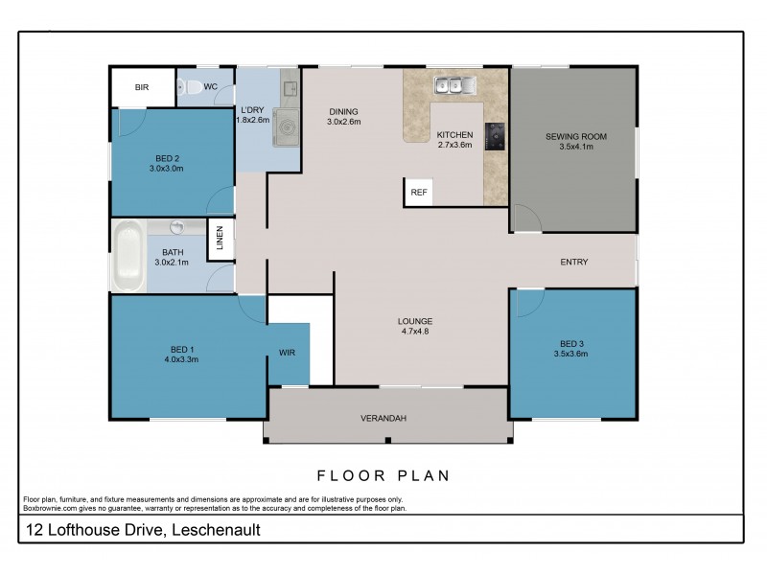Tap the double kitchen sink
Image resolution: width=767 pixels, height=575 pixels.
click(454, 85)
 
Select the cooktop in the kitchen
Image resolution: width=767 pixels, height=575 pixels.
click(495, 136)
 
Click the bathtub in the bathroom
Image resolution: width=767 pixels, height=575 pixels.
click(128, 257)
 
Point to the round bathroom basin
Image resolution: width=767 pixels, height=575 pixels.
click(176, 227)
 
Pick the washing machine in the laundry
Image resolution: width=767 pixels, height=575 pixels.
click(286, 127)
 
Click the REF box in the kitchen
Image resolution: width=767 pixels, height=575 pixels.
click(418, 193)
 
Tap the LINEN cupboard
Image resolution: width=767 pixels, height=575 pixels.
click(221, 239)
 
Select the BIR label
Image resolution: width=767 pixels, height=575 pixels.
click(142, 87)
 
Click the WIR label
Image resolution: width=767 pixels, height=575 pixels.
click(287, 353)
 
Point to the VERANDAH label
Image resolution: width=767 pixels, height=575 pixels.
click(383, 419)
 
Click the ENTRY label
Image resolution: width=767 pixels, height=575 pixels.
click(573, 262)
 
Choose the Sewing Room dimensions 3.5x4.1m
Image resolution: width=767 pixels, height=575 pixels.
click(576, 147)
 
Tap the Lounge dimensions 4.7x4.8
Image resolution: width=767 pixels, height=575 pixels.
click(415, 332)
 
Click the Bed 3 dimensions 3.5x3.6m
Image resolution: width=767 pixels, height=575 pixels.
click(570, 354)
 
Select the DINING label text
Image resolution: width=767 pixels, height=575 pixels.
click(343, 111)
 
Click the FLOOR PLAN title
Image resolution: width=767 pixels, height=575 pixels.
click(383, 475)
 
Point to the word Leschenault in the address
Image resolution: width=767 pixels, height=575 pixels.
click(217, 530)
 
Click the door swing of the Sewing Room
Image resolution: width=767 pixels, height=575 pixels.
click(526, 218)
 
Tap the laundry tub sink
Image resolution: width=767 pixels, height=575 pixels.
click(291, 88)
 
